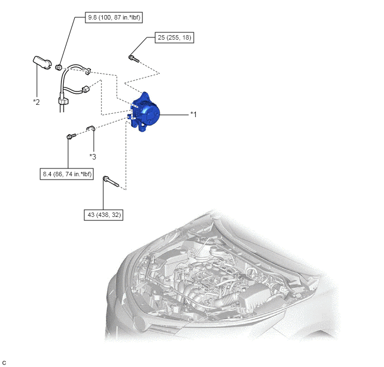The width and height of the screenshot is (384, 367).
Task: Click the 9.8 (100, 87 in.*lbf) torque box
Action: coord(114,18)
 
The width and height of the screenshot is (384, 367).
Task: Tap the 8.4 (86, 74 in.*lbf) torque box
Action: coord(66,174)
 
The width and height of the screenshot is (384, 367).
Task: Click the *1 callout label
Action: coord(194,114)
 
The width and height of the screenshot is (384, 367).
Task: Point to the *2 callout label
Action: coord(36,102)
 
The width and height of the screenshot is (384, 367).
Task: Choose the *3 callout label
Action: coord(93,157)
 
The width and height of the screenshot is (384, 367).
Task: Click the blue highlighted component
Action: coord(145,112)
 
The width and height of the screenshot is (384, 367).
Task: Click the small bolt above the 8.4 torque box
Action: coord(71,136)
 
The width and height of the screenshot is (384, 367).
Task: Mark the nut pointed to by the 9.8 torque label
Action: coord(58,67)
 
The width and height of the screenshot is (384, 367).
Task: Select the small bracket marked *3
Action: coord(90,128)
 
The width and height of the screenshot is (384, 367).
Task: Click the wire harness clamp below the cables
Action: coord(63,101)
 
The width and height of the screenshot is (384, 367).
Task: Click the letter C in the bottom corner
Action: coord(4,363)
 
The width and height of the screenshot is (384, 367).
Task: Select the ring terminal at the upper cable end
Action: coord(88,71)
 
